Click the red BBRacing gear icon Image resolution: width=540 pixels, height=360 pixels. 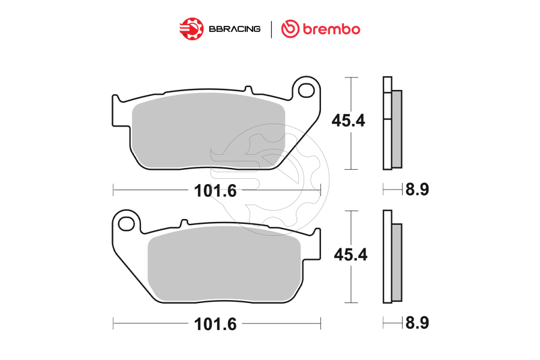pos(191,28)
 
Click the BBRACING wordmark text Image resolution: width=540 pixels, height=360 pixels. pos(235,29)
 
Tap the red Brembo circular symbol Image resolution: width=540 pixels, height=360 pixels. pos(290,28)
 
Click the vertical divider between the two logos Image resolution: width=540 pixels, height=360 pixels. pos(271,29)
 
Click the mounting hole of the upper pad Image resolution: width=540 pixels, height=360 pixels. pos(306,91)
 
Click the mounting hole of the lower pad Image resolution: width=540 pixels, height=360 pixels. pos(127,224)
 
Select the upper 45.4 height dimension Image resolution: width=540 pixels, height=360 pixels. pos(349,121)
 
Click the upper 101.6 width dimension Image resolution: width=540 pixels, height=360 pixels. pos(215,191)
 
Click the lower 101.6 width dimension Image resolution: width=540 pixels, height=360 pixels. pos(215,325)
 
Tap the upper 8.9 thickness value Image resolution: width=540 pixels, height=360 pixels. pos(417,190)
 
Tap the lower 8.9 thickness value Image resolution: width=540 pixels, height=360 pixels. pos(417,323)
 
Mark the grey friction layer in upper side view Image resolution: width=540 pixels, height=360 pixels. pos(397,129)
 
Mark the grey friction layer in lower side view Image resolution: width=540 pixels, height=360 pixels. pos(397,262)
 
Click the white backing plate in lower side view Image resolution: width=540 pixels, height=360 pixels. pos(387,258)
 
